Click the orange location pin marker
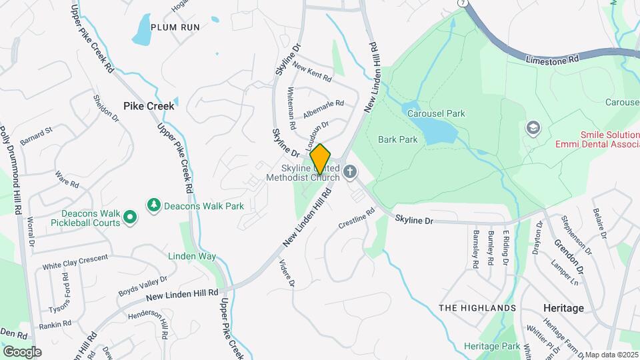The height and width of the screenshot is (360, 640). pos(321,159)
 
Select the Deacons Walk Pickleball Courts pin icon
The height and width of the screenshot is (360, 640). pos(131,216)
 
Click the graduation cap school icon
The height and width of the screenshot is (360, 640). pos(533,127)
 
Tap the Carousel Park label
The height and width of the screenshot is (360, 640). pos(436,113)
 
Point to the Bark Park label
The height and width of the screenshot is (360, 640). pos(397,139)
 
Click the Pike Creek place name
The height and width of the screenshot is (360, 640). pos(149,105)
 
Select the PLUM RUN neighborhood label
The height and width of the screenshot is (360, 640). pos(175,27)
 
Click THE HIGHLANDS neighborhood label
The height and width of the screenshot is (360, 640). pos(477,308)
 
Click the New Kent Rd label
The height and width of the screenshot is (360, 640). pos(312,72)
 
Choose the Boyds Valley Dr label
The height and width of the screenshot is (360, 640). pos(143,286)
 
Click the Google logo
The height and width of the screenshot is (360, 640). pos(22,351)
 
